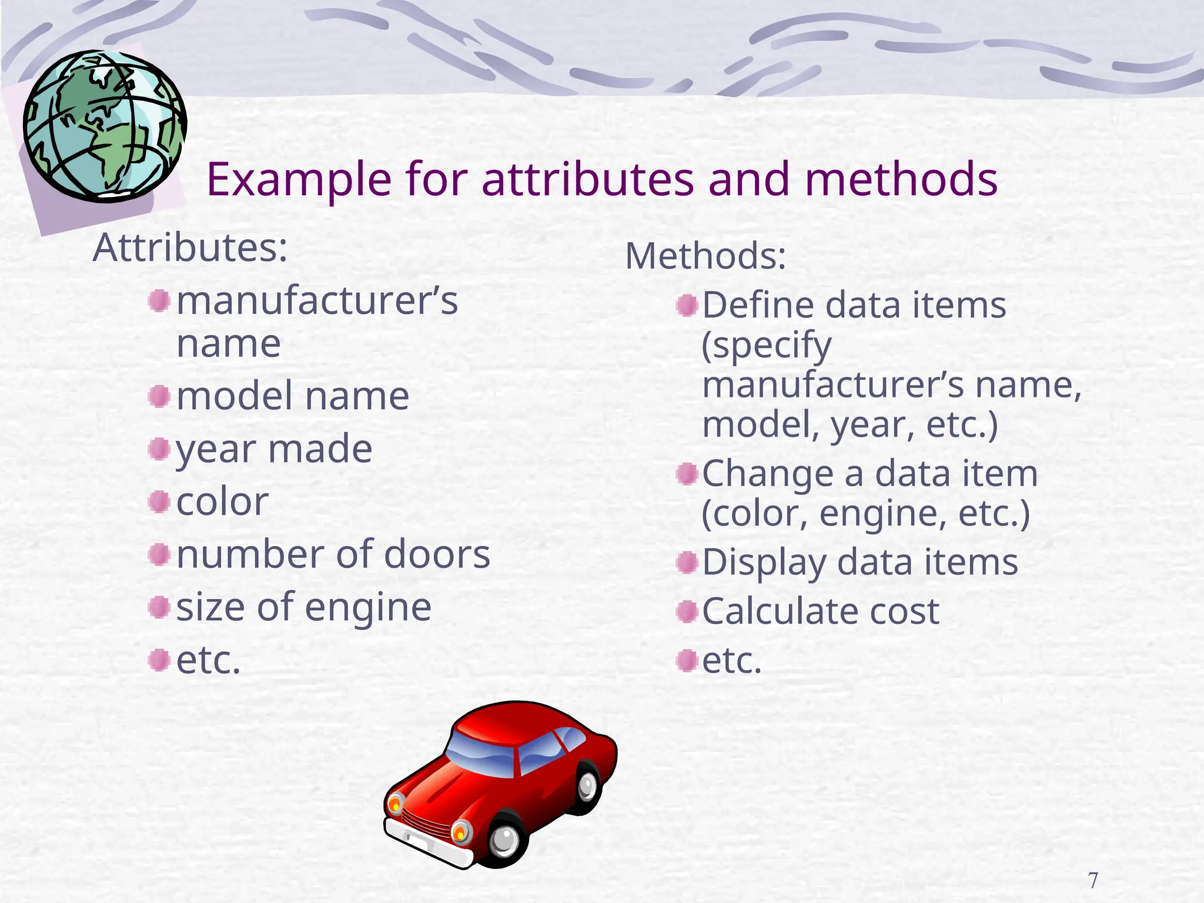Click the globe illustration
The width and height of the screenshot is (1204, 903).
click(x=105, y=126)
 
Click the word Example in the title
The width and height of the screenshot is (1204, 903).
click(x=299, y=180)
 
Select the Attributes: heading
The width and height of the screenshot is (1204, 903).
click(x=190, y=248)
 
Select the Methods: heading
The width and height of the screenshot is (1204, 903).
click(x=705, y=256)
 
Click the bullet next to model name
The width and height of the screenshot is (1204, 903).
click(x=159, y=396)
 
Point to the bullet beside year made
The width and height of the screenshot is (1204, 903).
click(x=159, y=449)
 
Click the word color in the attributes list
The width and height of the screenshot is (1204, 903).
click(x=222, y=502)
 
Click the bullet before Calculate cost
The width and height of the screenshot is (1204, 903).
click(x=687, y=612)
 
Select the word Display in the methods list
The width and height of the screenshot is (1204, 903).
click(x=764, y=563)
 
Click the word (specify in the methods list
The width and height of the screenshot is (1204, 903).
click(x=767, y=346)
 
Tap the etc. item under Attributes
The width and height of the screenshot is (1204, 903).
click(x=209, y=661)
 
